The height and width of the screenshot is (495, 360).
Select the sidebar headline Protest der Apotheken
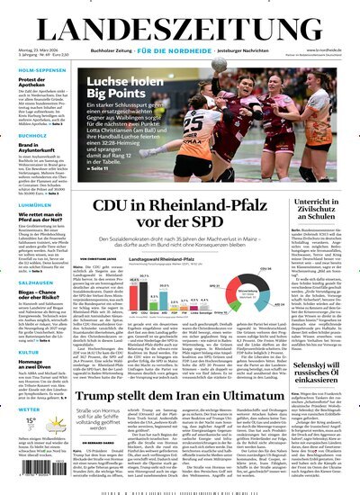tap(31, 85)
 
